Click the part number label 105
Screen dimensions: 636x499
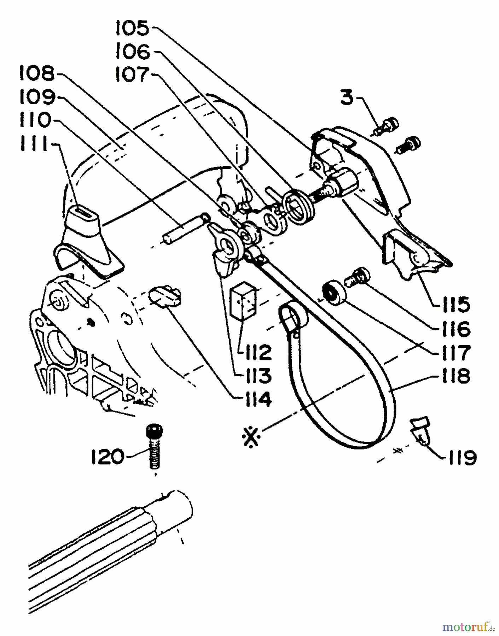(x=132, y=29)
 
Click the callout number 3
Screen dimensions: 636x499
(x=347, y=98)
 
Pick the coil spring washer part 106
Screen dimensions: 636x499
(x=300, y=206)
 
